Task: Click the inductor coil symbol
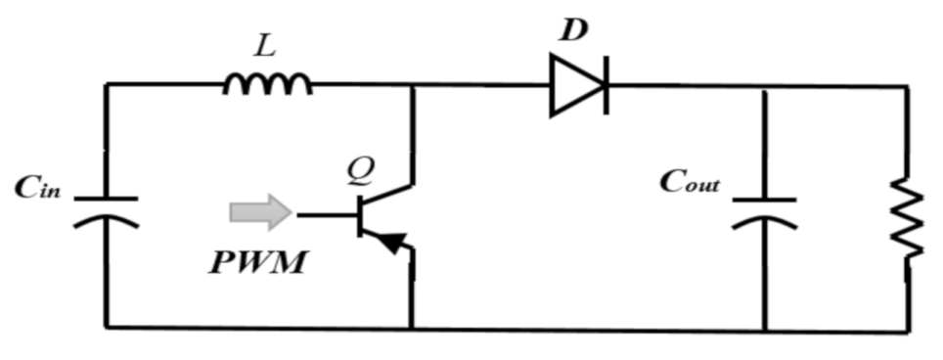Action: pos(268,86)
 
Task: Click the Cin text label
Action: pos(39,189)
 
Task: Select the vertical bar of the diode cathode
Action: pos(605,86)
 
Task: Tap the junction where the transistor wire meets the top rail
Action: pos(412,85)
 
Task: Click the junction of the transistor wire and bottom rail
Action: pos(412,327)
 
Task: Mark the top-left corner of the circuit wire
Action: pos(106,85)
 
